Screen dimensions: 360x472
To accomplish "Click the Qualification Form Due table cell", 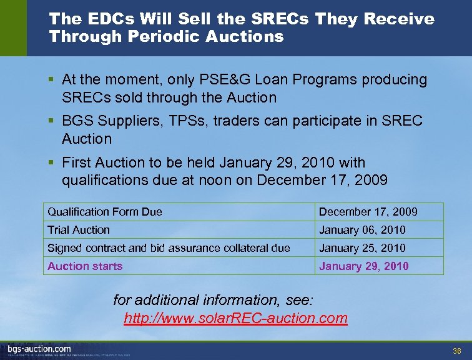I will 105,212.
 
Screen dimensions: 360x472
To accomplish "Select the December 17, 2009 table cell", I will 368,212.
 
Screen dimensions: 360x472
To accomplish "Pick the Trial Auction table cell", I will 79,230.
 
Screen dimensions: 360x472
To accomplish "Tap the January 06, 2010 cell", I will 362,230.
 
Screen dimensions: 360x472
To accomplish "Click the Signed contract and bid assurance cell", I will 169,248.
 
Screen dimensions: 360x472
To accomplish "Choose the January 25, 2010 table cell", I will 362,248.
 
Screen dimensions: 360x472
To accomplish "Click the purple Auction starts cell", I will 85,266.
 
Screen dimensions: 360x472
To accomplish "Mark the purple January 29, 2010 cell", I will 364,266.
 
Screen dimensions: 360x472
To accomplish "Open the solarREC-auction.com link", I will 235,318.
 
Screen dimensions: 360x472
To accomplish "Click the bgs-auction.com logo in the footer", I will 39,349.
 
